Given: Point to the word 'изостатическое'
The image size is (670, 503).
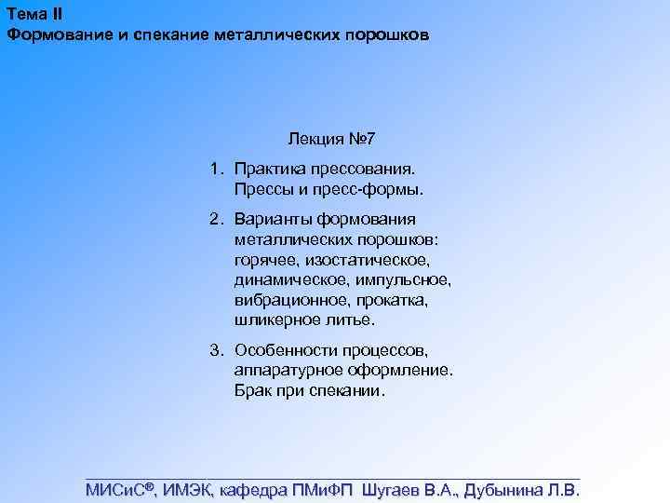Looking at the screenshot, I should [376, 260].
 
